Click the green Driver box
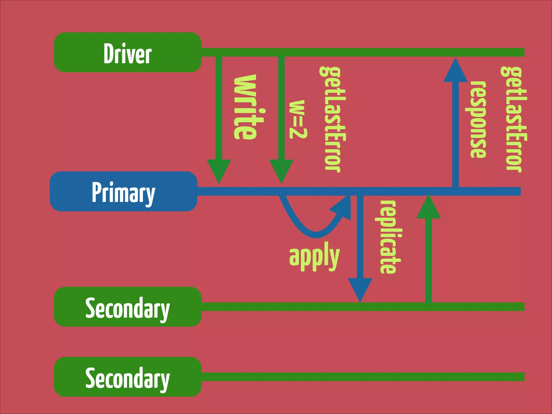click(127, 52)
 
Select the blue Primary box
click(123, 191)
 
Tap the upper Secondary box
click(127, 307)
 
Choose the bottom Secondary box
click(127, 377)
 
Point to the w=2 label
click(298, 119)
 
